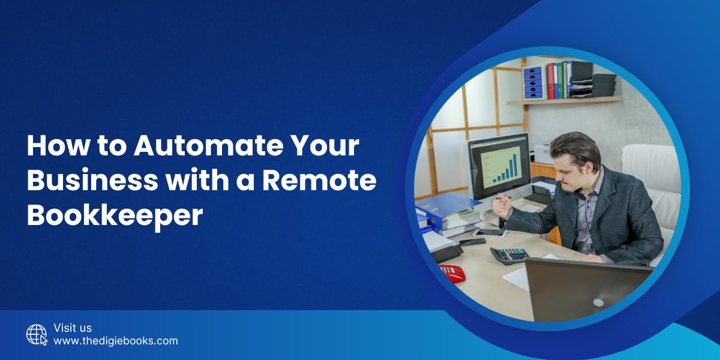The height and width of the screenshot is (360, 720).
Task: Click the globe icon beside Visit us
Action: (x=37, y=334)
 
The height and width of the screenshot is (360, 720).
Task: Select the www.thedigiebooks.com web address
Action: (x=116, y=341)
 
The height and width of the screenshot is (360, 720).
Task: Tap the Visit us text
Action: (x=73, y=328)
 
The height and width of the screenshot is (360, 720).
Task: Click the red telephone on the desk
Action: (x=452, y=272)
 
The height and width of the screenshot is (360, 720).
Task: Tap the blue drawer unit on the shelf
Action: (x=532, y=83)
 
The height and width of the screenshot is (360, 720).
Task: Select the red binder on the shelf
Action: (x=550, y=80)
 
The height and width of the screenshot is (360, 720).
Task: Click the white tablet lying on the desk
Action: (x=489, y=233)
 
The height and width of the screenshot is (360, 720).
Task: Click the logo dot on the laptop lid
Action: (x=598, y=302)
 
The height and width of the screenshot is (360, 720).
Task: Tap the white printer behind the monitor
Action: (x=542, y=152)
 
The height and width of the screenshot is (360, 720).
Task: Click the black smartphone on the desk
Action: (x=472, y=241)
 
